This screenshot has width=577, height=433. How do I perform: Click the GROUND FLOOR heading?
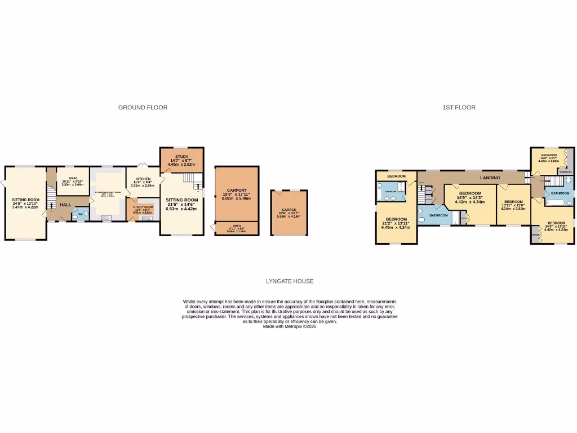click(x=143, y=107)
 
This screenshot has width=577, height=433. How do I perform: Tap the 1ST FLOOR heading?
click(x=459, y=107)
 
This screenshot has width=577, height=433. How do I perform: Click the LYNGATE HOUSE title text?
click(x=290, y=281)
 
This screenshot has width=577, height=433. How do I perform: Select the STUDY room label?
click(x=181, y=157)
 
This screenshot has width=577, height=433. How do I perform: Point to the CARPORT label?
click(x=237, y=190)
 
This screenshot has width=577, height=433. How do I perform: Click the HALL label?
click(x=65, y=204)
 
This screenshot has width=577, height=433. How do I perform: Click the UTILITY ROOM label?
click(x=143, y=207)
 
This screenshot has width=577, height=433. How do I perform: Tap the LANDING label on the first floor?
click(x=490, y=178)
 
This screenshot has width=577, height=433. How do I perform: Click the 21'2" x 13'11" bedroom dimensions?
click(x=396, y=224)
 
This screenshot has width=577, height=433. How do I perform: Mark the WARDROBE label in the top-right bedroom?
click(x=565, y=172)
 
